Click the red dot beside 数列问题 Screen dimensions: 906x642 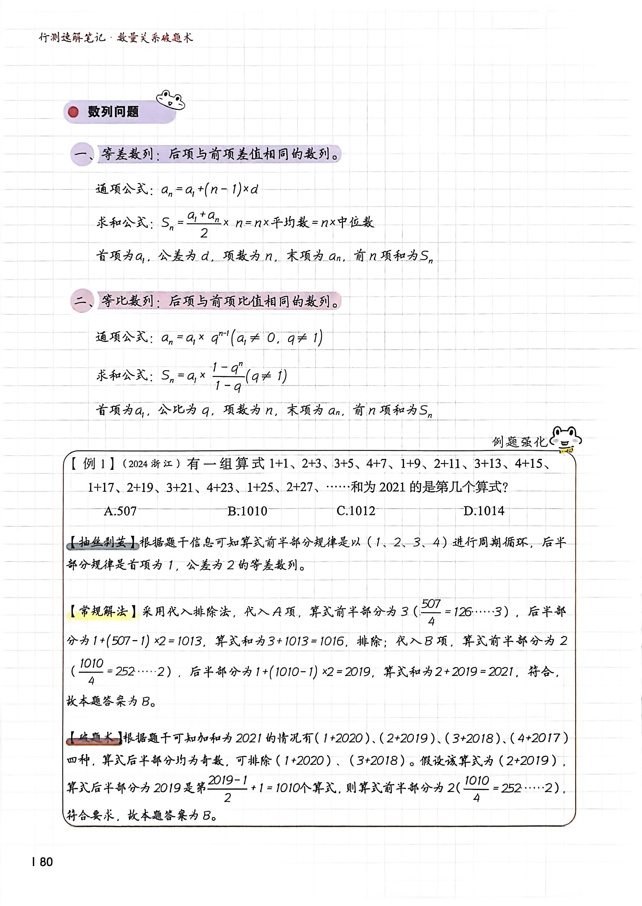(73, 112)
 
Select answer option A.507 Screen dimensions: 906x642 (120, 511)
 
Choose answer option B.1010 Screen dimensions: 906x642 (247, 511)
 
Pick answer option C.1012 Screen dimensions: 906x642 (356, 511)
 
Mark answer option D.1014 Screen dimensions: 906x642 (484, 511)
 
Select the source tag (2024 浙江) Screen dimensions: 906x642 (151, 464)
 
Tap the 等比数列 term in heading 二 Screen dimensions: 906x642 (127, 301)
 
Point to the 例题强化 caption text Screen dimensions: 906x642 (519, 441)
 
